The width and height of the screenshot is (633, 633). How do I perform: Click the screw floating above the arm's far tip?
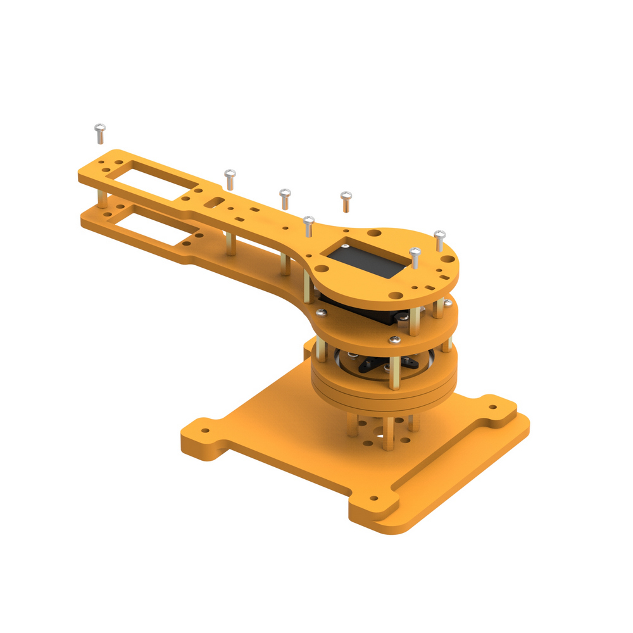pyautogui.click(x=99, y=132)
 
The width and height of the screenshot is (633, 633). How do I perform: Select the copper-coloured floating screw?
pyautogui.click(x=345, y=201)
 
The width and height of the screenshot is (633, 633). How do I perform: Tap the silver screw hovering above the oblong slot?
pyautogui.click(x=230, y=178)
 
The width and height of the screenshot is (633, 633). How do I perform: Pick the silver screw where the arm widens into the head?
pyautogui.click(x=308, y=225)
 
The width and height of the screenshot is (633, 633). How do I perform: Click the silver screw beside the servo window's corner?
pyautogui.click(x=415, y=257)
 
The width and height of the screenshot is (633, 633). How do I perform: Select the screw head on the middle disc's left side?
pyautogui.click(x=321, y=311)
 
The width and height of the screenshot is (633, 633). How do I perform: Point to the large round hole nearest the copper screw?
pyautogui.click(x=375, y=233)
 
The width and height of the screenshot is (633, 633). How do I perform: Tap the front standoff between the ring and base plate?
pyautogui.click(x=388, y=434)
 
